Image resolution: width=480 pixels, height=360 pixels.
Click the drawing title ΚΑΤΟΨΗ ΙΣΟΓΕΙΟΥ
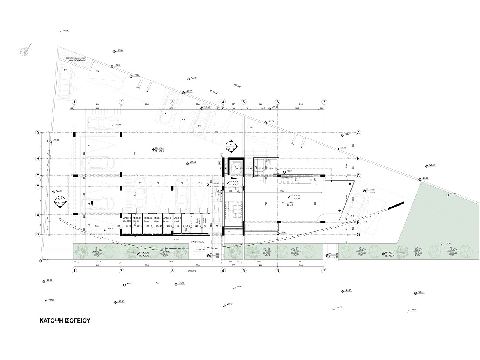pyautogui.click(x=65, y=320)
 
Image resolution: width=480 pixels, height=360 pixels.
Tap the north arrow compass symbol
pyautogui.click(x=26, y=50)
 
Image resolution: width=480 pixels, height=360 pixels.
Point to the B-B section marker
pyautogui.click(x=231, y=147)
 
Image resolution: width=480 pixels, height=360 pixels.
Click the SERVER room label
pyautogui.click(x=259, y=171)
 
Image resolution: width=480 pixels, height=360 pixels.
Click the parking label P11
pyautogui.click(x=65, y=70)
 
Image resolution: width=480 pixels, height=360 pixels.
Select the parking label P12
pyautogui.click(x=97, y=70)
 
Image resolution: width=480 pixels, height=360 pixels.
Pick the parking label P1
pyautogui.click(x=89, y=123)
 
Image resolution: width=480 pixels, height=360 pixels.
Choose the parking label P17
pyautogui.click(x=251, y=127)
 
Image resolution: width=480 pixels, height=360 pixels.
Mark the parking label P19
pyautogui.click(x=365, y=222)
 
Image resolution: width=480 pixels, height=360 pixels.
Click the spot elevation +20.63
pyautogui.click(x=66, y=31)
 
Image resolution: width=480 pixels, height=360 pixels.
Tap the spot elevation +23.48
pyautogui.click(x=192, y=162)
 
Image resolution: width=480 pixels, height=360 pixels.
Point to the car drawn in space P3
pyautogui.click(x=104, y=162)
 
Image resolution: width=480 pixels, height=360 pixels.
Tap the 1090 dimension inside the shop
pyautogui.click(x=281, y=192)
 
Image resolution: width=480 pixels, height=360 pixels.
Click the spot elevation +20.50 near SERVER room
pyautogui.click(x=290, y=171)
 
